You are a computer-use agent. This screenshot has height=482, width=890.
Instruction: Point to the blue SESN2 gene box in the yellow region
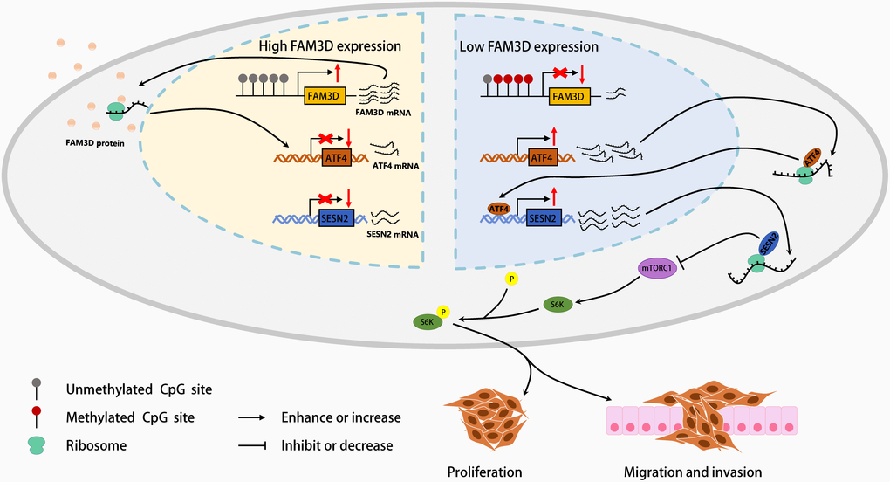tap(323, 216)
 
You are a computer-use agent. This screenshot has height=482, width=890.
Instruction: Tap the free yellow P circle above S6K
tap(511, 279)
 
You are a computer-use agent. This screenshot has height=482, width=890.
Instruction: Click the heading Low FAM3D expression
tap(530, 45)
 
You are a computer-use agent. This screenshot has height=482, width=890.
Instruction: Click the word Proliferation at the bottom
tap(484, 472)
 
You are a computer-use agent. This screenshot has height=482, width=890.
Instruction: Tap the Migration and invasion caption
tap(693, 472)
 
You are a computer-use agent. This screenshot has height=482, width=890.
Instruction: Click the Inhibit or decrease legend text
tap(337, 445)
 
